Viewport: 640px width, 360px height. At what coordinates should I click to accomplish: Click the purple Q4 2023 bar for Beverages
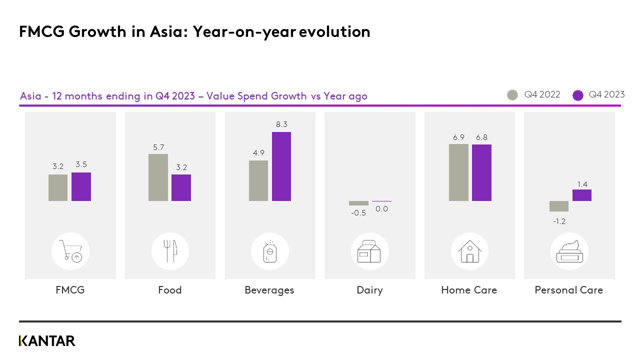(x=281, y=166)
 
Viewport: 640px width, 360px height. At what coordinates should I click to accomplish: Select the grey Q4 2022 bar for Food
(x=158, y=177)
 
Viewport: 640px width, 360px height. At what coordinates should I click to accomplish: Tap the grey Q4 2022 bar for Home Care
(x=458, y=172)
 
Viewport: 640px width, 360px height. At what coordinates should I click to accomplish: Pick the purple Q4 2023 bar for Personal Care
(x=582, y=195)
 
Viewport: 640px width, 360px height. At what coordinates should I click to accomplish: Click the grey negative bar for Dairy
(x=358, y=203)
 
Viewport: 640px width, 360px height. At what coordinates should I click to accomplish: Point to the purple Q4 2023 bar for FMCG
(x=81, y=186)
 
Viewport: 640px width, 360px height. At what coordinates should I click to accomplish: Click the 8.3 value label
(x=281, y=124)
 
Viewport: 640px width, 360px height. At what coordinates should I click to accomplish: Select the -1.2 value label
(x=559, y=221)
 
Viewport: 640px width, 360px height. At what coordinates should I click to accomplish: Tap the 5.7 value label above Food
(x=158, y=147)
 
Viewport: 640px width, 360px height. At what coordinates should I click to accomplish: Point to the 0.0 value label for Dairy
(x=381, y=209)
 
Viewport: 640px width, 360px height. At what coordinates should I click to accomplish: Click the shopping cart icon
(x=70, y=251)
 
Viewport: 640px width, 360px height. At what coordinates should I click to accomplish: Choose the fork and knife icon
(x=170, y=251)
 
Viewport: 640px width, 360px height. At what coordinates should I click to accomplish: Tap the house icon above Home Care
(x=469, y=251)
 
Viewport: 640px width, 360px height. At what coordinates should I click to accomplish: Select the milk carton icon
(x=369, y=251)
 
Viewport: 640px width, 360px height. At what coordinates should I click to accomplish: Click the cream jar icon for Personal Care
(x=569, y=251)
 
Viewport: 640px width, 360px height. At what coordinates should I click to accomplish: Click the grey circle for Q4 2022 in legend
(x=512, y=95)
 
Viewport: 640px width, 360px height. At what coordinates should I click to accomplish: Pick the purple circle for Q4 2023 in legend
(x=578, y=95)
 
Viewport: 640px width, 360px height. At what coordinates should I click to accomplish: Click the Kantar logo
(x=47, y=341)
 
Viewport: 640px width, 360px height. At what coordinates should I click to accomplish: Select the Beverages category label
(x=269, y=290)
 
